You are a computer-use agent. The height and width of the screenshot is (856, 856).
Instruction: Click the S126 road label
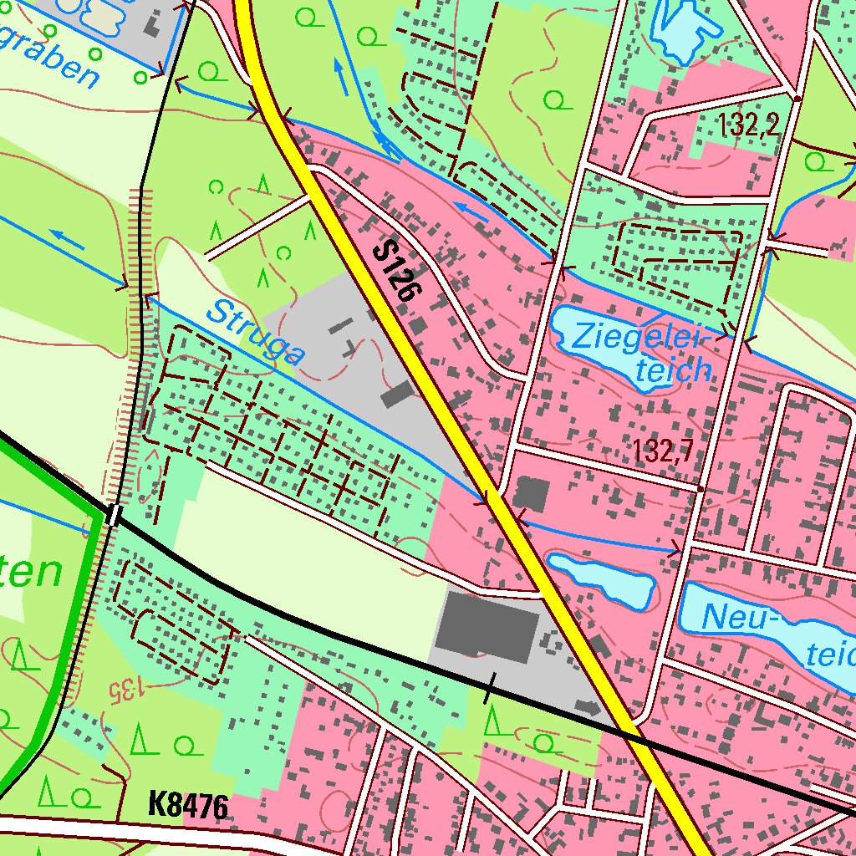(399, 271)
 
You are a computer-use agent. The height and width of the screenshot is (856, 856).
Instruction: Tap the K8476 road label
(188, 806)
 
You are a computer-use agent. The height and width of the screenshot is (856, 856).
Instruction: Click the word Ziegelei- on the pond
(640, 339)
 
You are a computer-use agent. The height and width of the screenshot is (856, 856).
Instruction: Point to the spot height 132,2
(748, 125)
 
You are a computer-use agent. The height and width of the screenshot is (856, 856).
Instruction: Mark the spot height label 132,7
(663, 451)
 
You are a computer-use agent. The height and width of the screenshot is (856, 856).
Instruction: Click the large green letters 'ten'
(30, 573)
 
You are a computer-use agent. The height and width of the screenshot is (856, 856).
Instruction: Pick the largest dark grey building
(487, 624)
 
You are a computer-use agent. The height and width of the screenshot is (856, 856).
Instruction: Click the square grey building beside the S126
(531, 495)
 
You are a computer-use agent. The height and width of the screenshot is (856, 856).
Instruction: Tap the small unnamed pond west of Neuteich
(601, 578)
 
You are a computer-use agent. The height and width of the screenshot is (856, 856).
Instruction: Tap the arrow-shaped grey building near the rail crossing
(588, 708)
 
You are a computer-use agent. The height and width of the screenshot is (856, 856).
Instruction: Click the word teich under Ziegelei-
(673, 369)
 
